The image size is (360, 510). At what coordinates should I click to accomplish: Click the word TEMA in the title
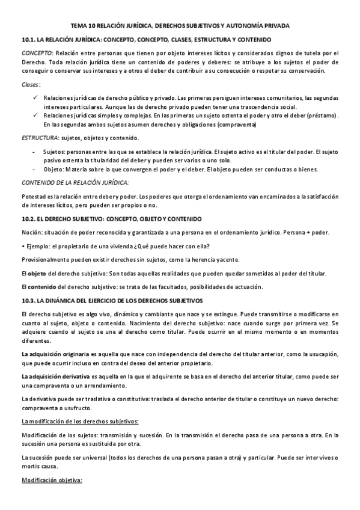78,26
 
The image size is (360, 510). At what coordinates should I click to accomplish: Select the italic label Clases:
31,85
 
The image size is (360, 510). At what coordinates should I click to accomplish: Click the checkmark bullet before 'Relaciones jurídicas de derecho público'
37,97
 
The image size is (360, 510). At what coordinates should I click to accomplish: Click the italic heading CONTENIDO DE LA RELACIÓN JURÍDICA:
75,182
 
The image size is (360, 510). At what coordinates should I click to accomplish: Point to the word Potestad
33,197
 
